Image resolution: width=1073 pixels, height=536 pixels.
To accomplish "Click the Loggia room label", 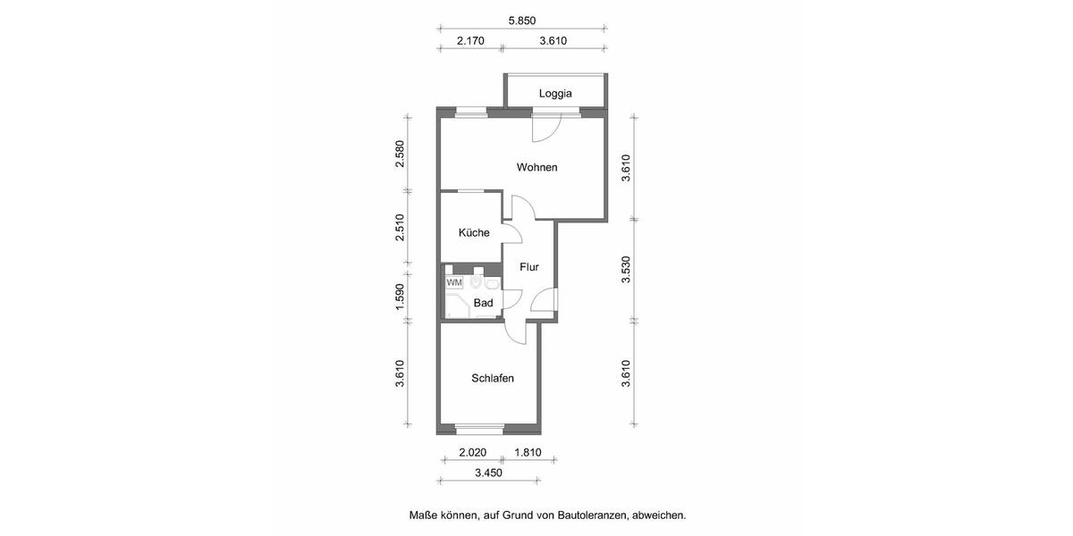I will [x=555, y=94].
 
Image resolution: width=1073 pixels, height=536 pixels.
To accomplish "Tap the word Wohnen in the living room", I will [x=536, y=167].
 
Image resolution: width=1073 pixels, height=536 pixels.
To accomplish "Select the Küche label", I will [x=474, y=233].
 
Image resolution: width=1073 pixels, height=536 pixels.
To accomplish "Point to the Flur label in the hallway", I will [x=529, y=266].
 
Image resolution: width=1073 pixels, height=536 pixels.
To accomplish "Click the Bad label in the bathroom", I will [x=484, y=303].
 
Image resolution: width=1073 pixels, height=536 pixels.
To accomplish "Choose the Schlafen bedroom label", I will [x=493, y=379].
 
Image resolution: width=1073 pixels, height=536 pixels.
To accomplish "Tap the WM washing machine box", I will [x=454, y=282].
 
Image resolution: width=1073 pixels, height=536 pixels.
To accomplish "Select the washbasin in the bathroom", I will [x=491, y=284].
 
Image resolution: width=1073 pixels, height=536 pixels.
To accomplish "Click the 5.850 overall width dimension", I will [x=521, y=21].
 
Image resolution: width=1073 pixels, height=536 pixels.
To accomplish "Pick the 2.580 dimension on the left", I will [x=401, y=154].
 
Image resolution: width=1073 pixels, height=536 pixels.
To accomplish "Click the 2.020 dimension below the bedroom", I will [x=473, y=452].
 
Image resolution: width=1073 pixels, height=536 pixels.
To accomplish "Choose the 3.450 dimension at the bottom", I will [x=488, y=473].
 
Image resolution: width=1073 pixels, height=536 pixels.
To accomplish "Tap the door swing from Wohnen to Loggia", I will [x=545, y=129].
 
